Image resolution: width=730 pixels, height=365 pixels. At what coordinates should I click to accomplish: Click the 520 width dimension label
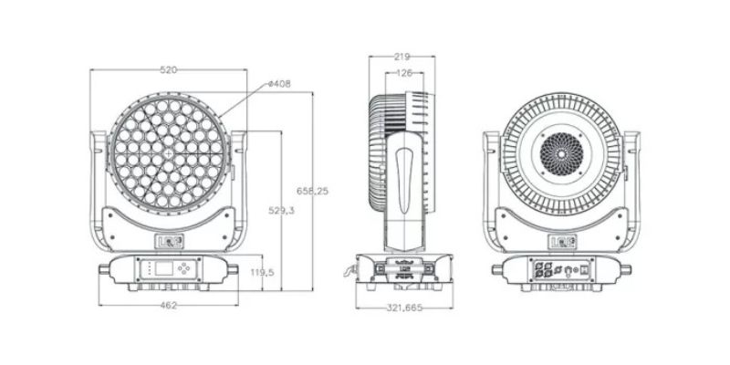coord(169,70)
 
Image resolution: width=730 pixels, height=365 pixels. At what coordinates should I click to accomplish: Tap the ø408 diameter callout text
coord(280,84)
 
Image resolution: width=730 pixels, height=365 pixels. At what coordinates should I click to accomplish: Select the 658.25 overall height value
coord(312,191)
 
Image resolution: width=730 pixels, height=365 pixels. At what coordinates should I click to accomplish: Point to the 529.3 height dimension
coord(281,211)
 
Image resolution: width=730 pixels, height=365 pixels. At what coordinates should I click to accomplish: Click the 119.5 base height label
coord(262,272)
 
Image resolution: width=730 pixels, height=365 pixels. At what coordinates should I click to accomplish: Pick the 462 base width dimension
coord(169,306)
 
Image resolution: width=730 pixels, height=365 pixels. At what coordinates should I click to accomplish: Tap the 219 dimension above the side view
coord(401,57)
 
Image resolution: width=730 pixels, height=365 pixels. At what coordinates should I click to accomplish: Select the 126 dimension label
coord(404,73)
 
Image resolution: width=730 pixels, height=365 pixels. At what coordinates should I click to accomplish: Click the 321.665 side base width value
coord(404,308)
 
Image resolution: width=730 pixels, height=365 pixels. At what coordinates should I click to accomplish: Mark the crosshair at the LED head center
coord(169,153)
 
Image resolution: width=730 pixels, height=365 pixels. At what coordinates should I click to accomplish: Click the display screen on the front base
coord(164,268)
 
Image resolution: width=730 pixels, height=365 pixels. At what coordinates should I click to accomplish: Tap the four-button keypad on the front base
coord(185,268)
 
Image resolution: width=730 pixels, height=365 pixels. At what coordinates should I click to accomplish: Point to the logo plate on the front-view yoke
coord(169,241)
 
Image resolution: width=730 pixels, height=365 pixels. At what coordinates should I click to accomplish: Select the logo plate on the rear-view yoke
coord(563,242)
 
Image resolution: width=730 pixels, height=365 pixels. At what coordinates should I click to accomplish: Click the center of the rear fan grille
coord(561,154)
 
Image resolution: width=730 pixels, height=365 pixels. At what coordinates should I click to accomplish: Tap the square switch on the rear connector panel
coord(585,269)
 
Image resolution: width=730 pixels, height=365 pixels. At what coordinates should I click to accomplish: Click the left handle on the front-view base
coord(104,269)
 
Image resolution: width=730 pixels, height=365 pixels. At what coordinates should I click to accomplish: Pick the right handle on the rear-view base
coord(626,269)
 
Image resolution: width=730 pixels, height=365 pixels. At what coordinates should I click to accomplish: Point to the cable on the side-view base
coord(349,271)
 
